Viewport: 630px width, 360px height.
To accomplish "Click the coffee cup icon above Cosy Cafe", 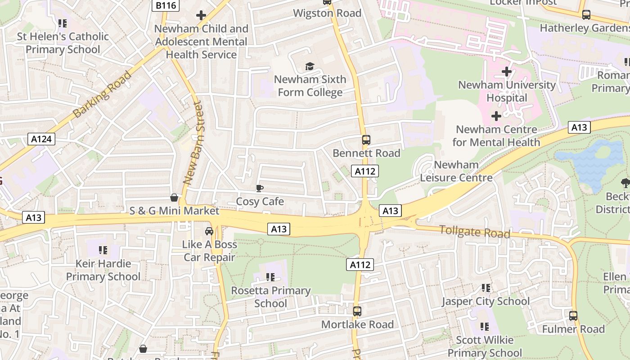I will pyautogui.click(x=259, y=188).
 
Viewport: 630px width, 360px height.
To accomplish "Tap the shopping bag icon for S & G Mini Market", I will pyautogui.click(x=174, y=198).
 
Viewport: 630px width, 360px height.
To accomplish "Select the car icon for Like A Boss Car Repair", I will pyautogui.click(x=209, y=231).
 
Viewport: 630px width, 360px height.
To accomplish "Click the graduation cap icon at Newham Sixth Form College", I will pyautogui.click(x=310, y=67).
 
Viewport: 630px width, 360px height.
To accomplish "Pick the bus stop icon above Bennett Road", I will pyautogui.click(x=366, y=140).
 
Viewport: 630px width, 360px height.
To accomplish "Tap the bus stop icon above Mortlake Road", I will pyautogui.click(x=357, y=311).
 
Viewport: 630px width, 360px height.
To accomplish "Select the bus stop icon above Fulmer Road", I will pyautogui.click(x=573, y=316).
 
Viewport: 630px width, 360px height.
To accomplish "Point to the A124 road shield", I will pyautogui.click(x=41, y=139).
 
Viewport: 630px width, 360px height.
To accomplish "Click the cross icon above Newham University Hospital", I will pyautogui.click(x=507, y=72).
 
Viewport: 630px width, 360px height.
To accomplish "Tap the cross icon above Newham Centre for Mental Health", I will pyautogui.click(x=496, y=117).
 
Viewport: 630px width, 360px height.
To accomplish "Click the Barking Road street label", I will pyautogui.click(x=102, y=94).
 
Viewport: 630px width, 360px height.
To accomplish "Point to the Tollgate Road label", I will pyautogui.click(x=475, y=232).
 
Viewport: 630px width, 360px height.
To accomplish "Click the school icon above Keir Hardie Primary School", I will pyautogui.click(x=103, y=250).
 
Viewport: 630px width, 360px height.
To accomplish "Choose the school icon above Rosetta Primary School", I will pyautogui.click(x=270, y=277).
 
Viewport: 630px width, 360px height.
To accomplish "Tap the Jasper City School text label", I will pyautogui.click(x=485, y=301).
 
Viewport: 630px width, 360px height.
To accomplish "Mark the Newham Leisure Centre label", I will pyautogui.click(x=456, y=171).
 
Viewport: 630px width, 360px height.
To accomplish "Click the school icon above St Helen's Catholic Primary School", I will pyautogui.click(x=63, y=23).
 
